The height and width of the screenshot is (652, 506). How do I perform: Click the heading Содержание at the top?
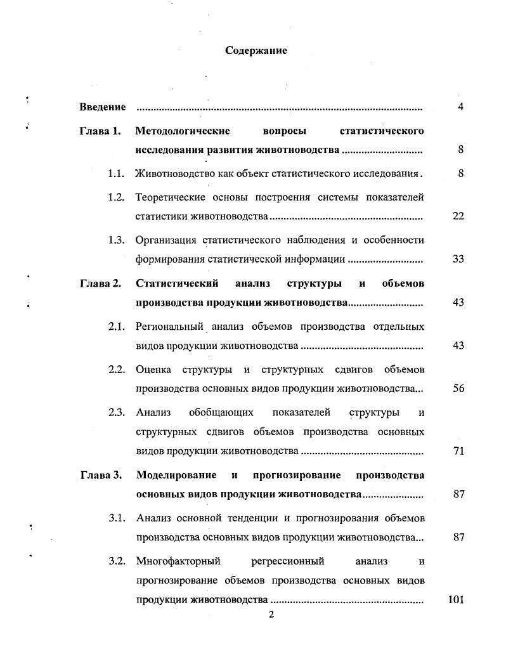pyautogui.click(x=256, y=51)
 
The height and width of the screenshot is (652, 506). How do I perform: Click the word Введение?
pyautogui.click(x=102, y=107)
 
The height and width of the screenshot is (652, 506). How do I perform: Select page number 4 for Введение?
pyautogui.click(x=460, y=107)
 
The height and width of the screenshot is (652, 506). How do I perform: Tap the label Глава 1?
pyautogui.click(x=100, y=132)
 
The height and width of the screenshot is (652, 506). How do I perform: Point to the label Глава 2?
pyautogui.click(x=100, y=284)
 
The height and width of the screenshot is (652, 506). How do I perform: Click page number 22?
pyautogui.click(x=458, y=216)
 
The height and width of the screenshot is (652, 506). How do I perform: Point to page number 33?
pyautogui.click(x=458, y=259)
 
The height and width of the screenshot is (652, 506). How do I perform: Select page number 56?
pyautogui.click(x=458, y=389)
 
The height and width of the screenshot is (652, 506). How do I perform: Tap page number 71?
pyautogui.click(x=458, y=452)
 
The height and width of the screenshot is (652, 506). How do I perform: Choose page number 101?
pyautogui.click(x=457, y=599)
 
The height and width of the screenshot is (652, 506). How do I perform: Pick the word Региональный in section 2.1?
pyautogui.click(x=166, y=327)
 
